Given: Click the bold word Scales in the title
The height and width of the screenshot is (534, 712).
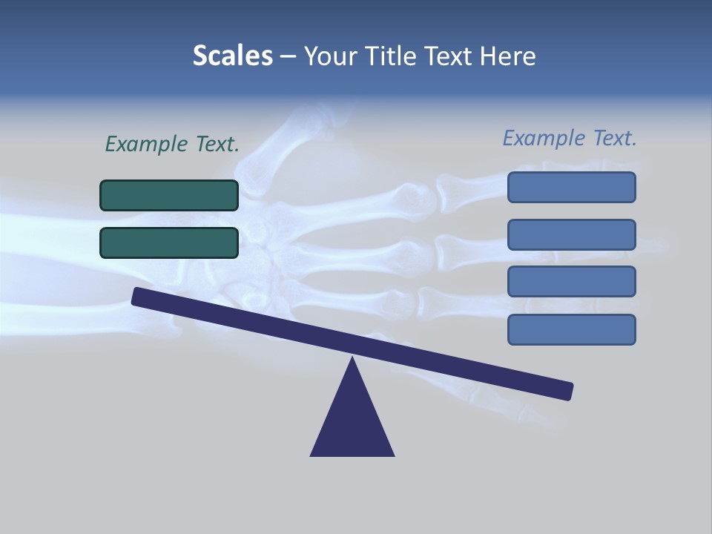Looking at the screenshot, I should click(x=233, y=56).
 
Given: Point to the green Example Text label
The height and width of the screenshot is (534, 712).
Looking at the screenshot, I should click(x=172, y=144).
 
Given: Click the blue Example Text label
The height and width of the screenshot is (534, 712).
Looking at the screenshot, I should click(x=570, y=138).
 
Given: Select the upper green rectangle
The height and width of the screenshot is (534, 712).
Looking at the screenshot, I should click(x=169, y=195).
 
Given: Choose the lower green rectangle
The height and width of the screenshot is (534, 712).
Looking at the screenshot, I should click(x=169, y=243).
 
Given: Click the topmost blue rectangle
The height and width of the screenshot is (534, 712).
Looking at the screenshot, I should click(x=571, y=187).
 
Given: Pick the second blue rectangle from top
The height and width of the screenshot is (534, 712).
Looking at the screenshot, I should click(x=571, y=234).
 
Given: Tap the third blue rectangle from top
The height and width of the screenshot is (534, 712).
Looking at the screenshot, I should click(x=571, y=282).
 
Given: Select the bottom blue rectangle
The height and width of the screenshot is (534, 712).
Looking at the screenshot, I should click(x=571, y=329).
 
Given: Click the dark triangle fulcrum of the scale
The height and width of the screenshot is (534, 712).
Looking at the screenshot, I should click(x=352, y=423).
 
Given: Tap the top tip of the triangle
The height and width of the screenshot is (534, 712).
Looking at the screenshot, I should click(x=352, y=360).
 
